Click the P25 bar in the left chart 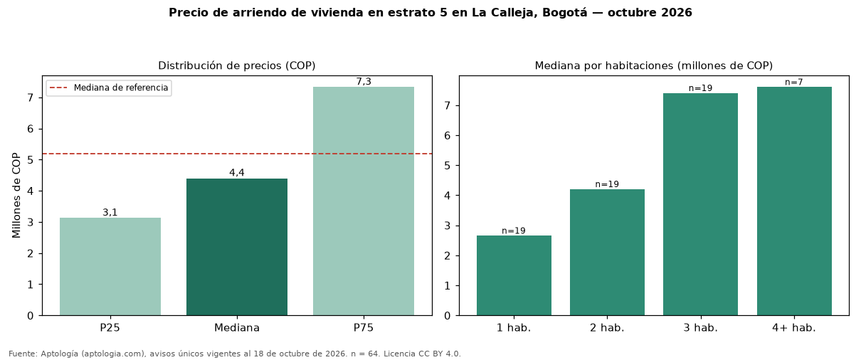[110, 267]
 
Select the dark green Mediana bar [237, 247]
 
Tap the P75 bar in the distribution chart [363, 201]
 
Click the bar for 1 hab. [514, 275]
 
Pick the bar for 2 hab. [607, 253]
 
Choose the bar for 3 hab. [700, 204]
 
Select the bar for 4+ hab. [794, 201]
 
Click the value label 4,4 [237, 173]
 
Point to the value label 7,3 [364, 81]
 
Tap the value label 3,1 [110, 213]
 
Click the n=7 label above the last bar [794, 83]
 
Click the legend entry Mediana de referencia [121, 88]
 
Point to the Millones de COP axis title [16, 196]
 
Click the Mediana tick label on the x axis [237, 328]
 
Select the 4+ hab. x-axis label [794, 328]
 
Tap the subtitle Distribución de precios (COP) [237, 65]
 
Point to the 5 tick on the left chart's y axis [31, 160]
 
